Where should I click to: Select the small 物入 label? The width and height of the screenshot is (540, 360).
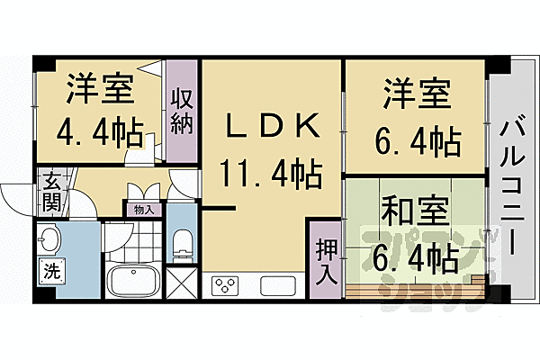click(143, 211)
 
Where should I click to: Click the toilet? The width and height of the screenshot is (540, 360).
click(183, 243)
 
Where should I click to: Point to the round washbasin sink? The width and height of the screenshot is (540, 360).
click(50, 239)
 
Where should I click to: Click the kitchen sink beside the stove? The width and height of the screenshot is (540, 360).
click(276, 286)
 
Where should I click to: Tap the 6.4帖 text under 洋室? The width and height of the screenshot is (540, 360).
click(416, 140)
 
